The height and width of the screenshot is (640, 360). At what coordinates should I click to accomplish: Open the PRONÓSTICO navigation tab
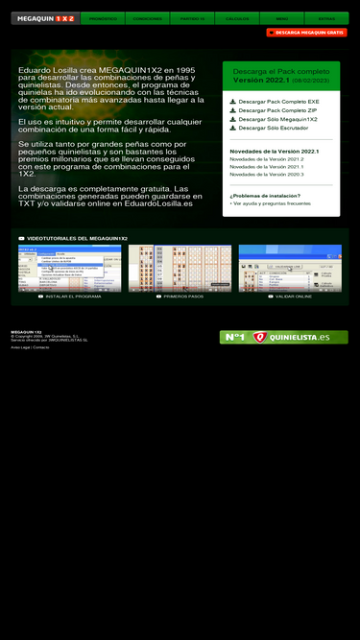tap(103, 18)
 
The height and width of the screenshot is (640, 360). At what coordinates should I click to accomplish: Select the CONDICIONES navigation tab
tap(148, 18)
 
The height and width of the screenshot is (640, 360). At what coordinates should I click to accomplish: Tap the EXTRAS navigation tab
tap(326, 18)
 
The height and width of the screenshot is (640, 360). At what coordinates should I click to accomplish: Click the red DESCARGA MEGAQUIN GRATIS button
tap(306, 33)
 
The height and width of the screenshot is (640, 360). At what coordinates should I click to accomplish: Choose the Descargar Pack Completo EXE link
tap(272, 101)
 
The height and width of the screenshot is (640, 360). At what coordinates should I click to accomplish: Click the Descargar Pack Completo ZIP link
tap(271, 110)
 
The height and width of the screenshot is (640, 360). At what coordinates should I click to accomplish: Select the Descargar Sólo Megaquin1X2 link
tap(277, 119)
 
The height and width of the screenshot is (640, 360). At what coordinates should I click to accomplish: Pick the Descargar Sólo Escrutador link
tap(273, 128)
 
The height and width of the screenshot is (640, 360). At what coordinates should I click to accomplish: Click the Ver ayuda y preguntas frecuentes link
tap(271, 203)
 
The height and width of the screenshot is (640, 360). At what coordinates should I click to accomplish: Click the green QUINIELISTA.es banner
tap(283, 337)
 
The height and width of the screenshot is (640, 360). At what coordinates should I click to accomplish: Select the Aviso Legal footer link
tap(20, 347)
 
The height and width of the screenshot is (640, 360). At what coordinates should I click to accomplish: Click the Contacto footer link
tap(41, 347)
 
